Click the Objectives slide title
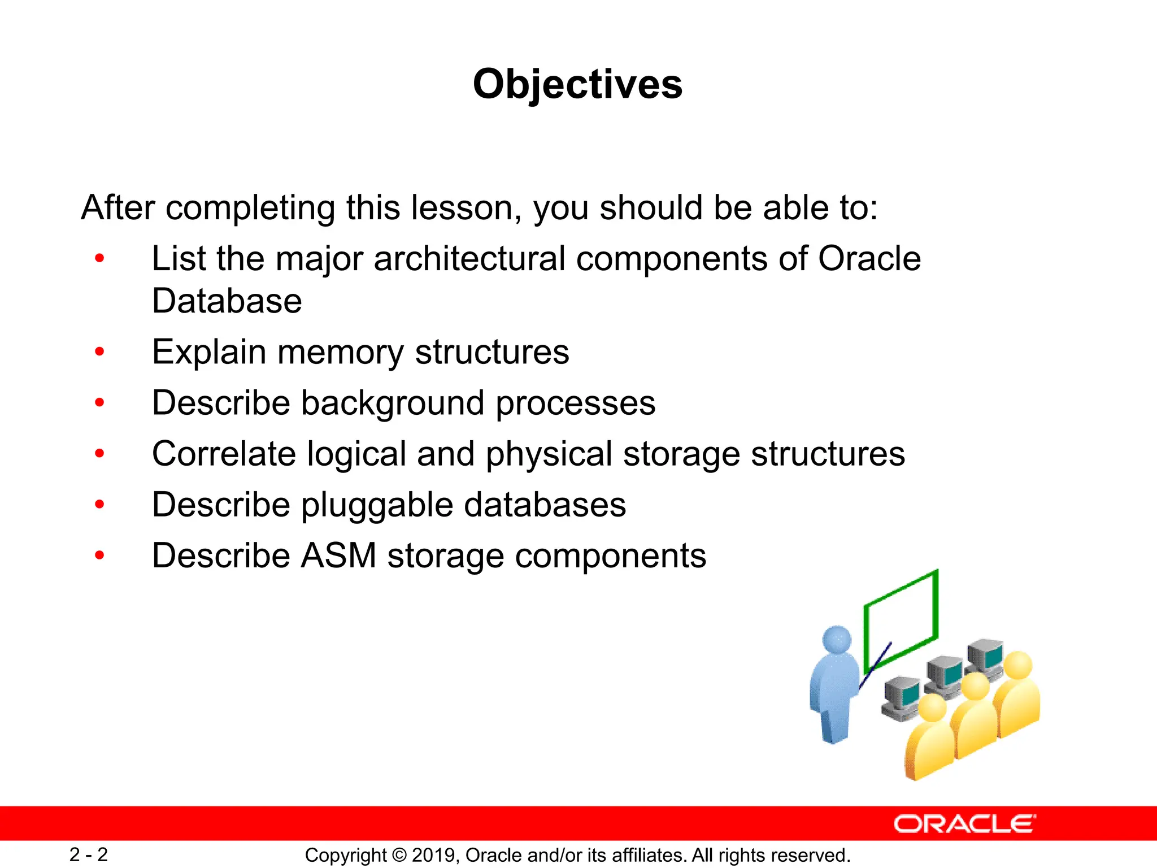[577, 84]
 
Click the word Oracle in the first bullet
[869, 259]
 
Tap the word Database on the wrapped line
[227, 301]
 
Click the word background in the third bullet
[393, 403]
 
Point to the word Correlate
[224, 454]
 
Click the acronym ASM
[338, 555]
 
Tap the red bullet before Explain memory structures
[100, 352]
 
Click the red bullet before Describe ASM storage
[100, 555]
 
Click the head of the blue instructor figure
[837, 640]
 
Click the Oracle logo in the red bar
[965, 824]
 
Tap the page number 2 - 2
[89, 854]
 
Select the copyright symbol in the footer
[399, 856]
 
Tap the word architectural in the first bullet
[469, 259]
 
